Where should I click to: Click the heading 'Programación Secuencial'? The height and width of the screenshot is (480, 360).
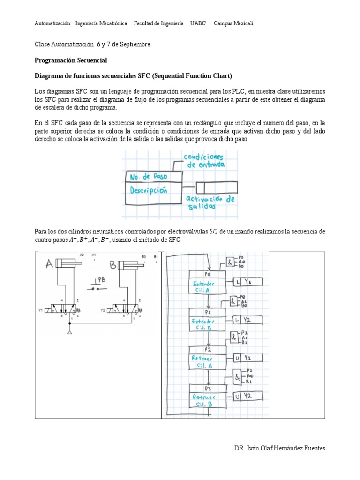pyautogui.click(x=71, y=60)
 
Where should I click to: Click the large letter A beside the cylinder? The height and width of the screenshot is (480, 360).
pyautogui.click(x=48, y=265)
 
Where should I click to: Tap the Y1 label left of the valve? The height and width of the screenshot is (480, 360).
pyautogui.click(x=40, y=310)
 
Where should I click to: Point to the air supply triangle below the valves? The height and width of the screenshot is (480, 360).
pyautogui.click(x=69, y=332)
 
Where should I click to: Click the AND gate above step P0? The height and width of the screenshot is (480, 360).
pyautogui.click(x=231, y=262)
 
